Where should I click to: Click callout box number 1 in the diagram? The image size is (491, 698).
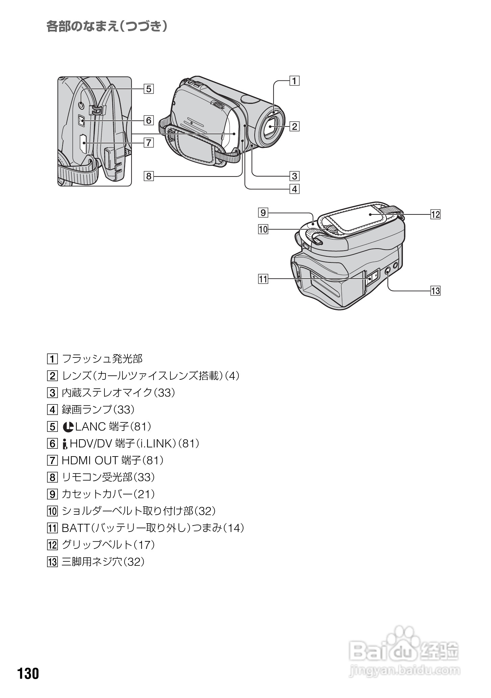click(x=295, y=81)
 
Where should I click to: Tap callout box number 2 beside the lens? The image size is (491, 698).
click(x=295, y=126)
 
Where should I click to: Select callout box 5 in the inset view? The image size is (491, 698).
click(x=148, y=89)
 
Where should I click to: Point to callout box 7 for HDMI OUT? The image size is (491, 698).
click(x=148, y=143)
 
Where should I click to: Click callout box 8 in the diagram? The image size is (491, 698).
click(x=148, y=176)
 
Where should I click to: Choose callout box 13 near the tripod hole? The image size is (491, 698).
click(x=435, y=291)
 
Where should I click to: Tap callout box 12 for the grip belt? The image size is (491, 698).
click(x=435, y=214)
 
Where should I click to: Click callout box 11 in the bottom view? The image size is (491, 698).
click(x=263, y=279)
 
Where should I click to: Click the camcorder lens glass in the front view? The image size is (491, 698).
click(x=272, y=129)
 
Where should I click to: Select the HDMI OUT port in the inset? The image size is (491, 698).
click(x=83, y=144)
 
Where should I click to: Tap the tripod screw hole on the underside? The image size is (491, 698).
click(x=388, y=270)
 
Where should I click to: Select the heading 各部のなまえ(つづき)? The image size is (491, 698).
click(x=107, y=26)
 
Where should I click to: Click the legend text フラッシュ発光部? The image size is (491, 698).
click(x=102, y=359)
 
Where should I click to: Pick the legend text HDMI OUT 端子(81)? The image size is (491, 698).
click(x=112, y=460)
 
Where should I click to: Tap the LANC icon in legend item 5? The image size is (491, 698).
click(x=68, y=427)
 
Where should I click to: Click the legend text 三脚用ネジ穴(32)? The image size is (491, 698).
click(x=103, y=562)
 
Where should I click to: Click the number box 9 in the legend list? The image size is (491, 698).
click(x=52, y=494)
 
